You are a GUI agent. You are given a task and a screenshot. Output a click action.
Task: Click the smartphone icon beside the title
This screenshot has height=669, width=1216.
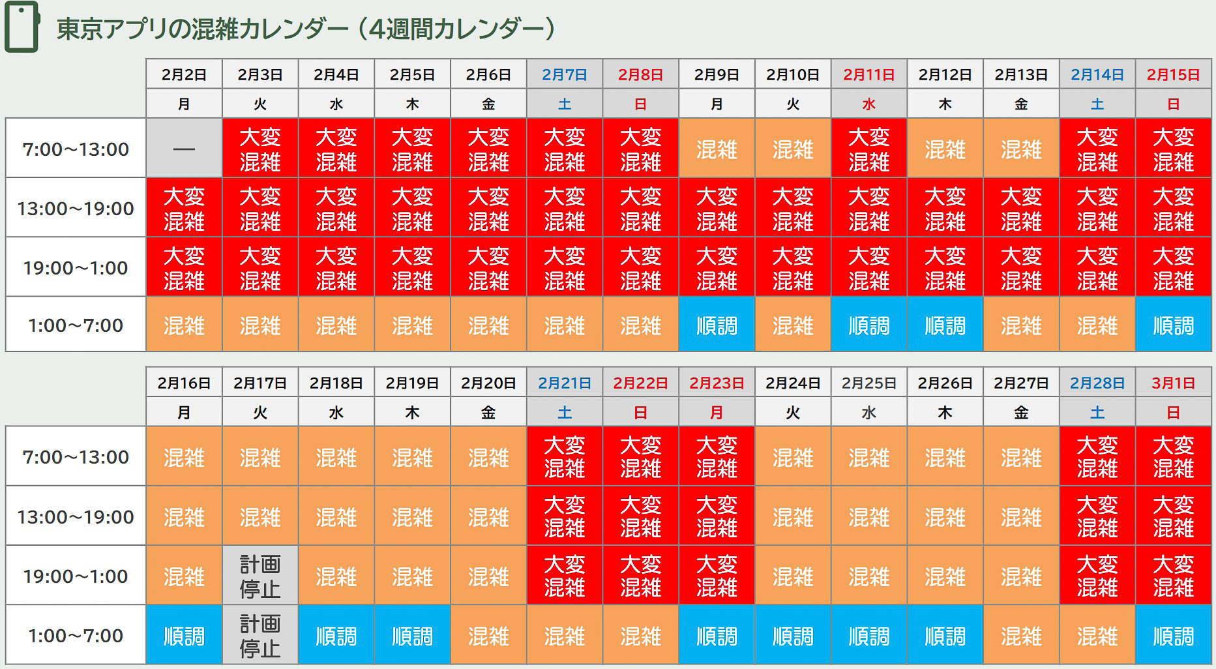(22, 27)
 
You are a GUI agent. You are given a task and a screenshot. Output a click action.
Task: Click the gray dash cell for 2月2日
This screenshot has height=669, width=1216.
(184, 149)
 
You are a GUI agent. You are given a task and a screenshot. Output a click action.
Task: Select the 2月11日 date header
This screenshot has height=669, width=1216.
(868, 74)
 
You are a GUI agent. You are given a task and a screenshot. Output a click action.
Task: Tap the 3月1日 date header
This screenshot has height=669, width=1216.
(1173, 383)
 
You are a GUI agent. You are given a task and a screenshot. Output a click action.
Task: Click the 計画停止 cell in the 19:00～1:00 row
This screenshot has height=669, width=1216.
(260, 576)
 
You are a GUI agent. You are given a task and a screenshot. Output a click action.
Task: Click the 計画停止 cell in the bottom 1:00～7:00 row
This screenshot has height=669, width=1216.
(260, 635)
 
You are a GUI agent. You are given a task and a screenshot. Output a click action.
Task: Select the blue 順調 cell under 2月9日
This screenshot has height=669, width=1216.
(717, 325)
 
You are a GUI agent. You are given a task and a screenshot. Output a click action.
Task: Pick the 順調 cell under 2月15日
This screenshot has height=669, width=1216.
(1173, 325)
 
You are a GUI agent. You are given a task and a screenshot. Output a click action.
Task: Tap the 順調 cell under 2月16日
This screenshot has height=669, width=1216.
(184, 635)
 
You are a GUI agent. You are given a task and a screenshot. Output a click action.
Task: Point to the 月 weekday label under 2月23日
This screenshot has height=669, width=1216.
(717, 412)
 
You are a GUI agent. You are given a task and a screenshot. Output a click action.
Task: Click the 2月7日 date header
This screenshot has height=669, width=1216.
(565, 74)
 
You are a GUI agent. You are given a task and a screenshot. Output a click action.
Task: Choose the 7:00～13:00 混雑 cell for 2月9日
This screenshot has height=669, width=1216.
(717, 149)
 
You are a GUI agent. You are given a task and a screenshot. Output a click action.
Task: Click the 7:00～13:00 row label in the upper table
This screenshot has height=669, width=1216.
(76, 149)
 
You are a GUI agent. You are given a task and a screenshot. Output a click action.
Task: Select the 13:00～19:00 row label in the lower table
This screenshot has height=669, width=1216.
(76, 516)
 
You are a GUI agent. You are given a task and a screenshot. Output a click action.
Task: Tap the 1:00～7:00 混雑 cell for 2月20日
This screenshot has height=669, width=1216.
(488, 635)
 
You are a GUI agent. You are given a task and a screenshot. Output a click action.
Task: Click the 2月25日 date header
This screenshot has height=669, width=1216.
(868, 383)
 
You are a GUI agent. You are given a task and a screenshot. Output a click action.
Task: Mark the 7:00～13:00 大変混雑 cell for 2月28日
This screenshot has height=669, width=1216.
(1097, 456)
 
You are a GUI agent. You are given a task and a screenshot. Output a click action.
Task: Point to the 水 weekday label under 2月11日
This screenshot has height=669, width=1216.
(868, 104)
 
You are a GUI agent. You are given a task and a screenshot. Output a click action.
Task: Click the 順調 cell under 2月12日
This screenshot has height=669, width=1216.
(945, 325)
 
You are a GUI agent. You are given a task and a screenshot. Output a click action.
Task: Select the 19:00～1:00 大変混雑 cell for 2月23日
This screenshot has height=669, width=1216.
(717, 576)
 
